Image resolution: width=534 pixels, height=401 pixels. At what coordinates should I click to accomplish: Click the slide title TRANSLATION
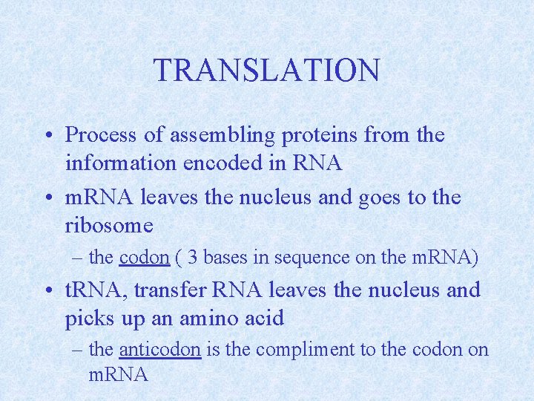coord(266,71)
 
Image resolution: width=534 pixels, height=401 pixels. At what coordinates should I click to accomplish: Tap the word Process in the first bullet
coord(99,135)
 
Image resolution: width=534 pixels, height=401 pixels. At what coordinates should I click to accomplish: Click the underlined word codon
coord(145,258)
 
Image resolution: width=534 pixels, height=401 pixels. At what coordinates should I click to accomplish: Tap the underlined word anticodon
coord(159,349)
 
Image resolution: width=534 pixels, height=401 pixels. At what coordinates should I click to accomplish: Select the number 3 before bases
coord(192,258)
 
